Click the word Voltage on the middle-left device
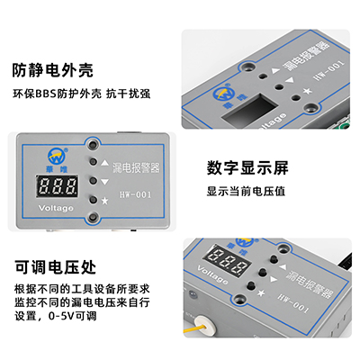click(x=56, y=207)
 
